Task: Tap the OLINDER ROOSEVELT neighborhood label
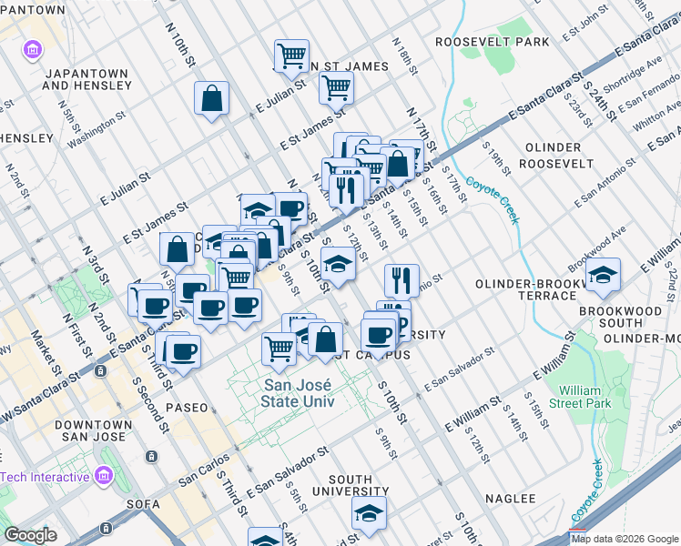[554, 156]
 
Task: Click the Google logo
[31, 535]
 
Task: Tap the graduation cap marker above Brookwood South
[603, 275]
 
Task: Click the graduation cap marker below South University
[369, 513]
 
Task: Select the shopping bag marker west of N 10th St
[211, 100]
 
